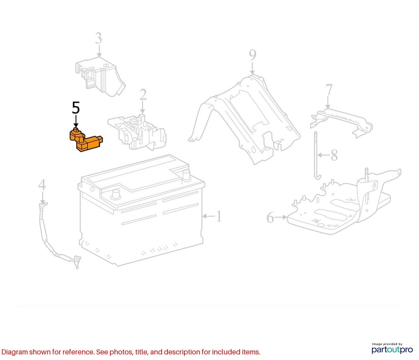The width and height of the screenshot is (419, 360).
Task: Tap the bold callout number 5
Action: coord(75,108)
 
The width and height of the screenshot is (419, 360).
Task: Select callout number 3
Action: coord(98,39)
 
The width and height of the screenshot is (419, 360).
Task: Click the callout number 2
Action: coord(143,95)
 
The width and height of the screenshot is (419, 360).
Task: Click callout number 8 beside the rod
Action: coord(334,155)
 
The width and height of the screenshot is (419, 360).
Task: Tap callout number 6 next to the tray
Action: coord(270,218)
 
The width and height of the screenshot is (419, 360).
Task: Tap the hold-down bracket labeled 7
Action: coord(341,119)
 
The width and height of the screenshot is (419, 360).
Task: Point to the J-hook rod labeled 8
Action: coord(315,155)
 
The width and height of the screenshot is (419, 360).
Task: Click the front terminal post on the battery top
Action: coord(115,194)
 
